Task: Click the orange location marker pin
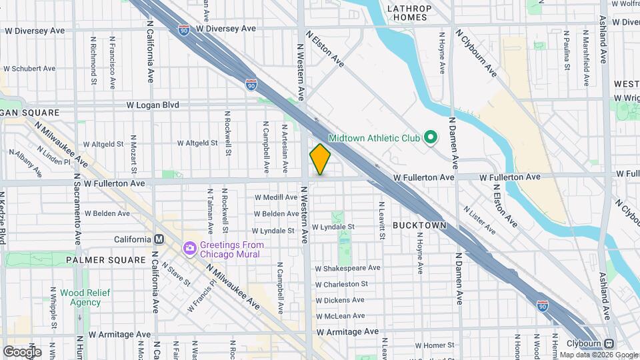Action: click(321, 159)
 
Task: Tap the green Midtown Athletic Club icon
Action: click(431, 138)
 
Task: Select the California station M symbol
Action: click(159, 239)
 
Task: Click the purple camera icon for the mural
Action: click(189, 249)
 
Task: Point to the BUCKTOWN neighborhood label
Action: click(419, 226)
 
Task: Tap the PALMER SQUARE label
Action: click(106, 259)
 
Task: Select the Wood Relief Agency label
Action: click(80, 297)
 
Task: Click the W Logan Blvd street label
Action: click(154, 105)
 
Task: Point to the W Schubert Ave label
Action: click(29, 68)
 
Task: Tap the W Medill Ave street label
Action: click(276, 197)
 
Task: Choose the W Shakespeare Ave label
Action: click(347, 268)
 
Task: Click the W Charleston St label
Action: click(341, 284)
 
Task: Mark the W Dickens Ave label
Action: click(340, 301)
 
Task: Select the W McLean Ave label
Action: click(340, 316)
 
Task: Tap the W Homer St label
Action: click(434, 345)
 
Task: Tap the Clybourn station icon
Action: click(609, 344)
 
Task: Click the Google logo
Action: click(23, 351)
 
